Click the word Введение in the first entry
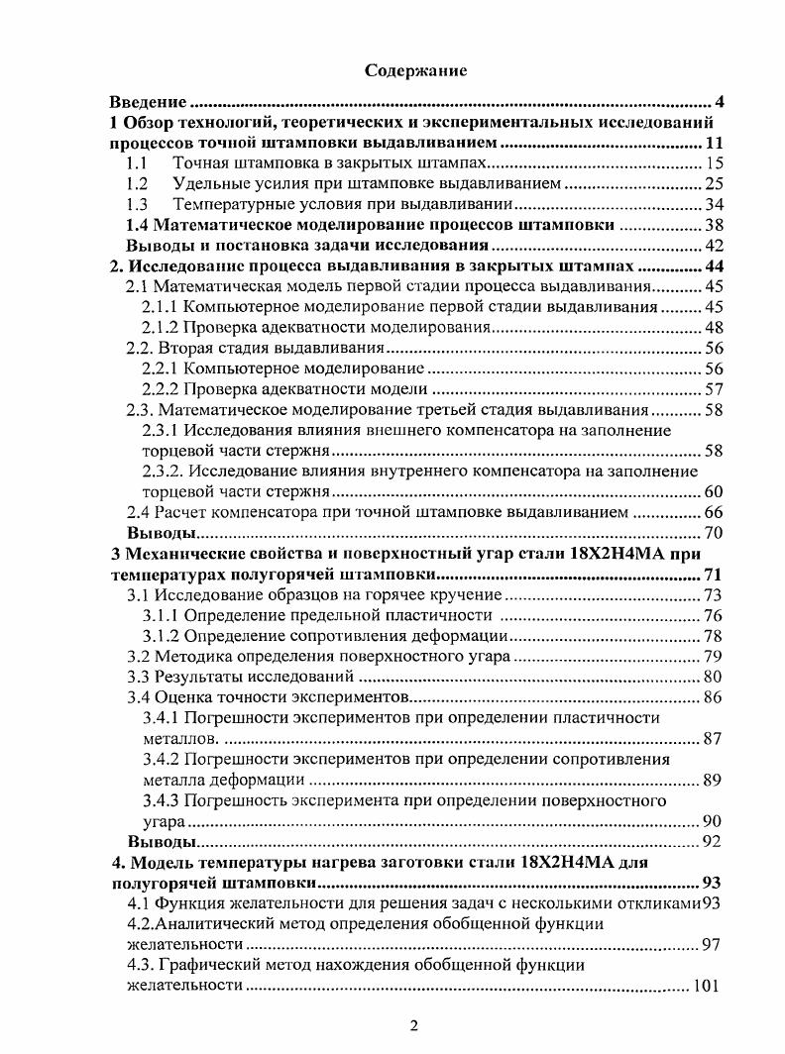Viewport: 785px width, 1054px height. [x=148, y=102]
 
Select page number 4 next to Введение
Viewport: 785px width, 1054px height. [x=720, y=102]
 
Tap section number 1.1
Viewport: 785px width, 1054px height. [x=139, y=163]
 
